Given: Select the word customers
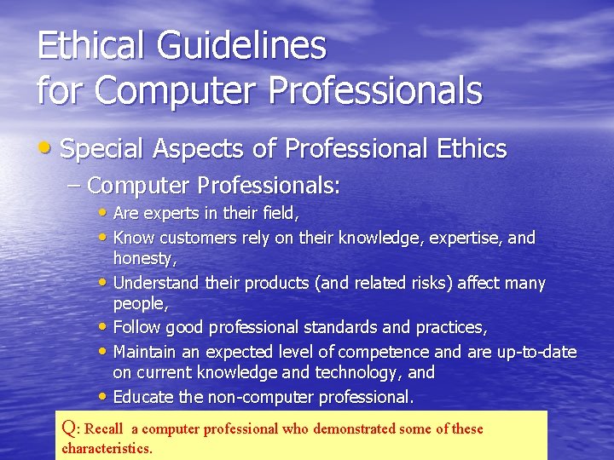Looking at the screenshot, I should tap(195, 238).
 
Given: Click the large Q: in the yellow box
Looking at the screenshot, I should tap(72, 428).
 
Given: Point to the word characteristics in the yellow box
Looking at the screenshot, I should tap(107, 448).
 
